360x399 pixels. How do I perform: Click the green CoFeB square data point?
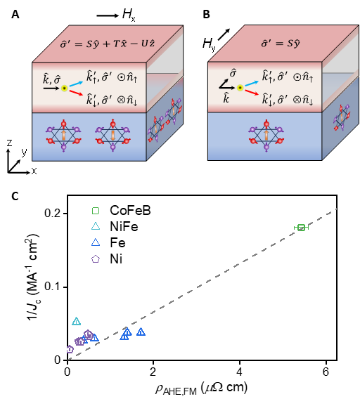(301, 228)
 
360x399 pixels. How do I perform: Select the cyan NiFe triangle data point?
(76, 322)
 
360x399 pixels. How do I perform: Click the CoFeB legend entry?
(121, 211)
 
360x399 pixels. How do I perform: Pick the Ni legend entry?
(107, 259)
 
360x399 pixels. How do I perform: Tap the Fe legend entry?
(108, 243)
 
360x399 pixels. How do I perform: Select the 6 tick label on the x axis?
(326, 372)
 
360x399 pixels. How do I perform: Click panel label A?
(15, 15)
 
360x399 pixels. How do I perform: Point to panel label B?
(206, 15)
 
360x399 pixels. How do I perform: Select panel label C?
(15, 196)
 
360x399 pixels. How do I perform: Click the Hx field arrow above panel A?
(108, 15)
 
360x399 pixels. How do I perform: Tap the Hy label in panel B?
(209, 44)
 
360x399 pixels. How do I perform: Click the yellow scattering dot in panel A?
(65, 89)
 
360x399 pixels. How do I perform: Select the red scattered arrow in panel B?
(252, 92)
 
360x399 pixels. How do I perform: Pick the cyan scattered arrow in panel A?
(76, 84)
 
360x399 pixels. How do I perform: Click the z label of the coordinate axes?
(9, 143)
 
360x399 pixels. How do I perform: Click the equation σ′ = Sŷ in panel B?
(281, 44)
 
